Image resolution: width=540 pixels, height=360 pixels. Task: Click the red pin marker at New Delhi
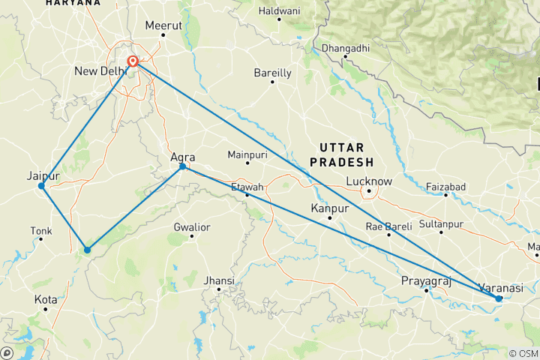[x=133, y=62]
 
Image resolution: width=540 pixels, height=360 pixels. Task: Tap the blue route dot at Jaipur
[x=41, y=186]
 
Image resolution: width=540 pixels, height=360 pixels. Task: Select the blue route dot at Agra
[x=182, y=166]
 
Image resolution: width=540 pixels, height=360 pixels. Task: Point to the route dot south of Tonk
[x=87, y=250]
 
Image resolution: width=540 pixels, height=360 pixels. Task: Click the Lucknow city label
[x=369, y=181]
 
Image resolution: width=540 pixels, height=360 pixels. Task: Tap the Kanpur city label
[x=329, y=208]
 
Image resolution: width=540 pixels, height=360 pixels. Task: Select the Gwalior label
[x=191, y=226]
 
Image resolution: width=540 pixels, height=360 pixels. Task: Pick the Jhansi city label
[x=219, y=280]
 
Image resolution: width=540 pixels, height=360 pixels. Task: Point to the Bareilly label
[x=272, y=73]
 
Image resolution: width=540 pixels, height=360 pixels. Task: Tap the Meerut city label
[x=163, y=25]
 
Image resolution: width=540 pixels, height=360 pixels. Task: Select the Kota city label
[x=46, y=299]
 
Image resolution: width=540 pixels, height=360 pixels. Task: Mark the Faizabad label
[x=445, y=186]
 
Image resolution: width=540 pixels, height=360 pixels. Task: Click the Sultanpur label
[x=440, y=223]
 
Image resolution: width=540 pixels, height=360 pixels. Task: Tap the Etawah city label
[x=247, y=186]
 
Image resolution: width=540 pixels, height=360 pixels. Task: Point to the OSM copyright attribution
[x=522, y=353]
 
